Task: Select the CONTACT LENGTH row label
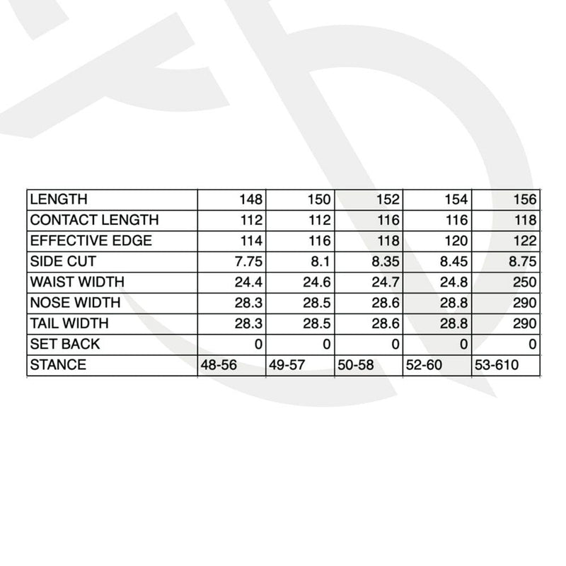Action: coord(94,220)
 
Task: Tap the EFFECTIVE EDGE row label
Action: coord(91,241)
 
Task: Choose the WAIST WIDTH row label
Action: coord(77,282)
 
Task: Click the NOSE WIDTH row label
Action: coord(75,303)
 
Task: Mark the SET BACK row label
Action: coord(65,345)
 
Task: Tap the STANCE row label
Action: coord(58,365)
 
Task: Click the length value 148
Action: coord(251,200)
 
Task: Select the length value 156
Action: coord(526,200)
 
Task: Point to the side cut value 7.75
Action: coord(248,261)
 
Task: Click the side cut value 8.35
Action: coord(386,261)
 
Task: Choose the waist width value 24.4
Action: coord(248,282)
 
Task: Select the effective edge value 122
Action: coord(526,241)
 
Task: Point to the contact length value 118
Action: coord(526,220)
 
